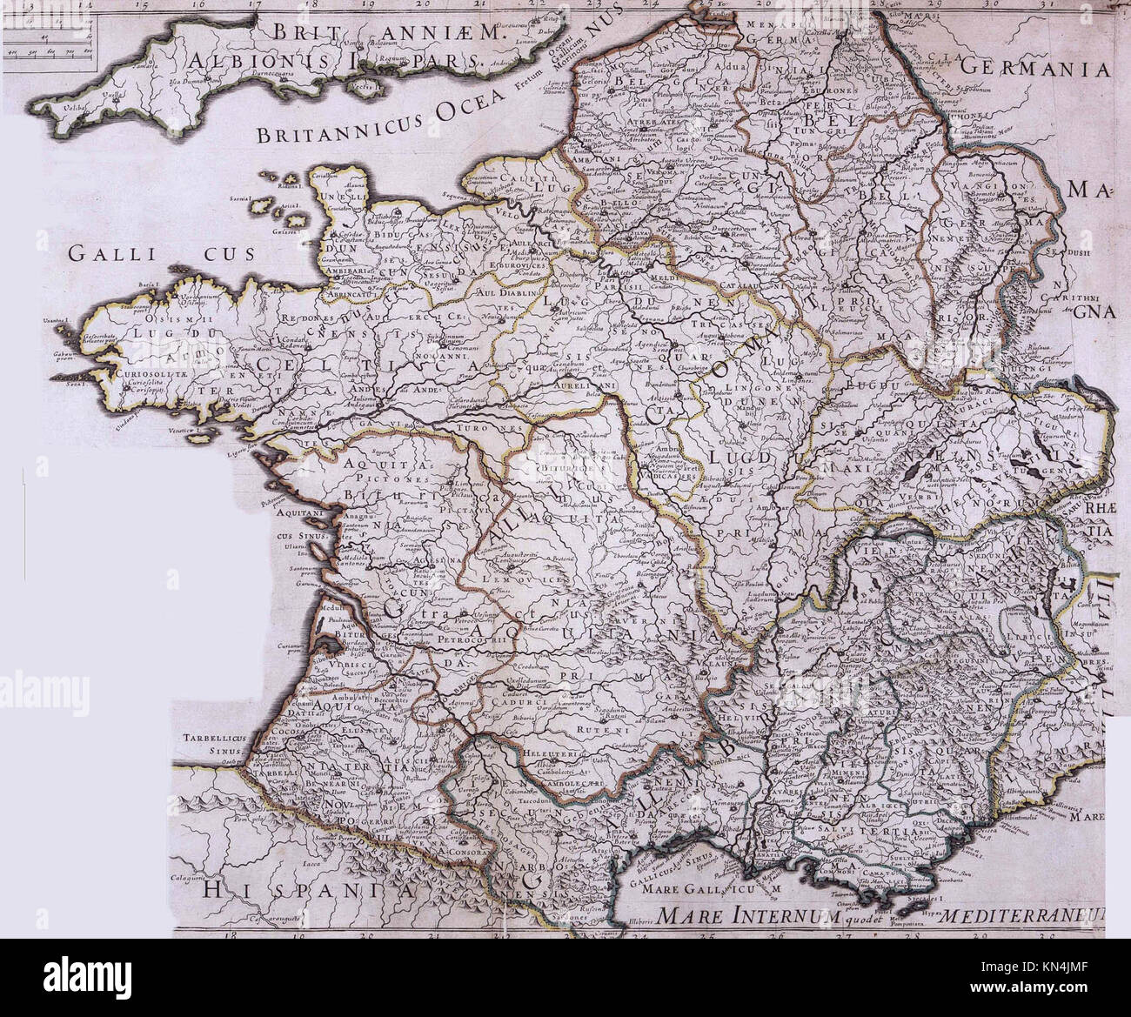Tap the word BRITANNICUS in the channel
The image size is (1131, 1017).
pos(325,132)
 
